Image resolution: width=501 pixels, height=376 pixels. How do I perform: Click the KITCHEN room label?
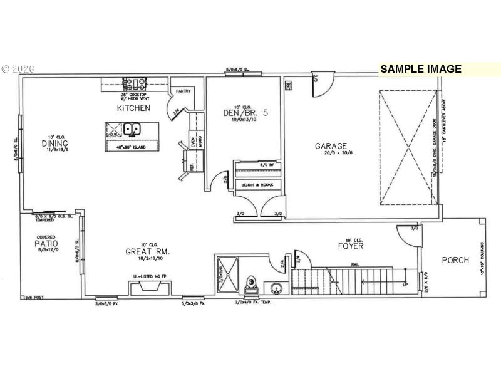click(x=133, y=108)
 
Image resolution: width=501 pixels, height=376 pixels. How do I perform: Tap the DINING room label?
click(x=55, y=144)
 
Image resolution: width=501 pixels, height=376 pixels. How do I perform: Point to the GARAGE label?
click(x=331, y=146)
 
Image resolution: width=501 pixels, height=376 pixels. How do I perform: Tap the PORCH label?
click(x=455, y=260)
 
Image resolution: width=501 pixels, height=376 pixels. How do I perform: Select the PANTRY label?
click(x=183, y=91)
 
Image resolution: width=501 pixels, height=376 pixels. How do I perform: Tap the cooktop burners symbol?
click(x=135, y=82)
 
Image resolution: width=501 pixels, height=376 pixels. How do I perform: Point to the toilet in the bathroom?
click(x=250, y=285)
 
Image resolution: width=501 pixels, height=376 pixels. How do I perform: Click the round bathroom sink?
click(x=276, y=289)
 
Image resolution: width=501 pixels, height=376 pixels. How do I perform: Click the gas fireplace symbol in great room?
click(x=146, y=288)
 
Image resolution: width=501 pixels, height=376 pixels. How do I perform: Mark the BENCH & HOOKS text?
click(x=258, y=185)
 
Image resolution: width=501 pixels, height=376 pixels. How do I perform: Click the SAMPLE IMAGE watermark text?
click(x=421, y=70)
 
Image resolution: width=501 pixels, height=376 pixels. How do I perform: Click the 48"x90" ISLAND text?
click(x=130, y=148)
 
